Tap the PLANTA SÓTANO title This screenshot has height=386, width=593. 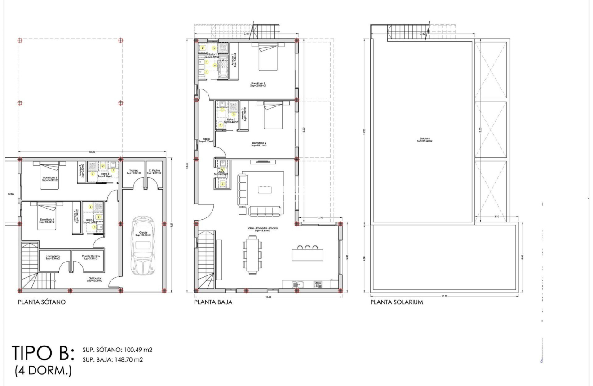point(42,302)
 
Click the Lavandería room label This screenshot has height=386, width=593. point(53,257)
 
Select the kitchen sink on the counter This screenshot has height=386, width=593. point(297,284)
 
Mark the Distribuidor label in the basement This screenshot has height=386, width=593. point(94,280)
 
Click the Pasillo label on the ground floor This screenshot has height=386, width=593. point(206,140)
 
